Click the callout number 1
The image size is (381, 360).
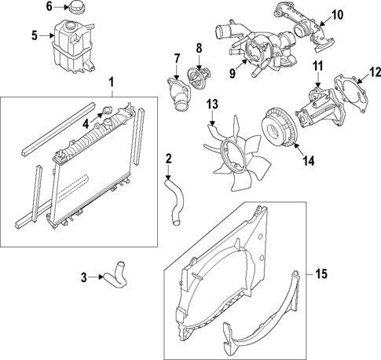tap(111, 82)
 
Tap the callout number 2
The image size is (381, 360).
tap(168, 160)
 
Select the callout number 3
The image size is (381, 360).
tap(84, 276)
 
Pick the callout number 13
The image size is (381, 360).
tap(211, 105)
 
